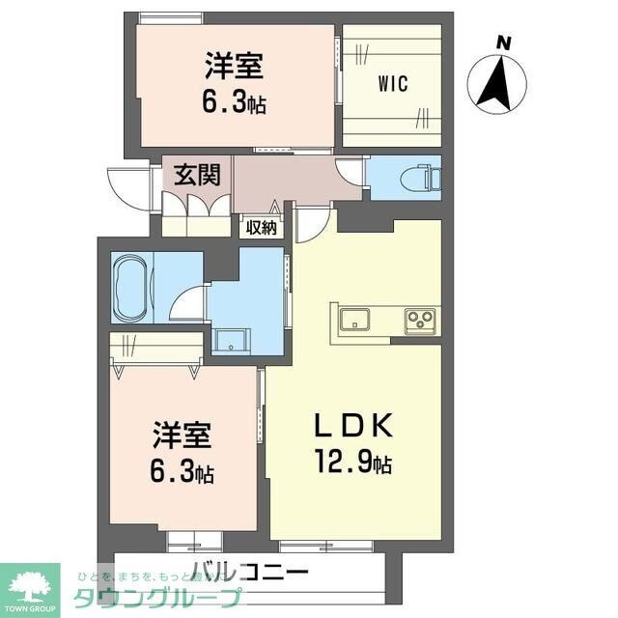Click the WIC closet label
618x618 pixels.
pos(392,84)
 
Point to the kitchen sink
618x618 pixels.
pos(352,317)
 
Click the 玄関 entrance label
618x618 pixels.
pos(197,176)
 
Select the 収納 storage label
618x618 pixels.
pos(260,229)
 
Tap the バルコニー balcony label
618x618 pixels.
pos(249,571)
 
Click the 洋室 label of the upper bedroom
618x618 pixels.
pos(234,69)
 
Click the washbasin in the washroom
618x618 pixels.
pos(231,340)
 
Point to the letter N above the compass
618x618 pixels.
pos(503,42)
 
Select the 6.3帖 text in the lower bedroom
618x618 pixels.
pos(183,472)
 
